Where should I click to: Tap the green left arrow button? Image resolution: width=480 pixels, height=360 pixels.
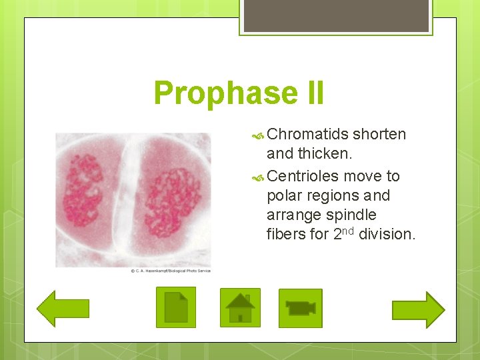point(63,308)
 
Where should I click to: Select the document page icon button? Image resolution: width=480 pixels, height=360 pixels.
point(176,307)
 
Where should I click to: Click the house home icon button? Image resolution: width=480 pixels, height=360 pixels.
point(240,307)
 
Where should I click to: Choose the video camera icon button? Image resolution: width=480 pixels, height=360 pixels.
point(300,308)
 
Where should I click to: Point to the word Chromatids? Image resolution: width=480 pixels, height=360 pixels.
point(307,134)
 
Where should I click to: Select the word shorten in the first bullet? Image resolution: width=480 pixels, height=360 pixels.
point(379,134)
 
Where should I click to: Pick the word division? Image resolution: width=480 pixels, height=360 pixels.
point(387,235)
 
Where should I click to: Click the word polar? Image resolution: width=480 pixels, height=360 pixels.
point(283,196)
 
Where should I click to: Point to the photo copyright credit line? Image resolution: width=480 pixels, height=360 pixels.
point(170,271)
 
